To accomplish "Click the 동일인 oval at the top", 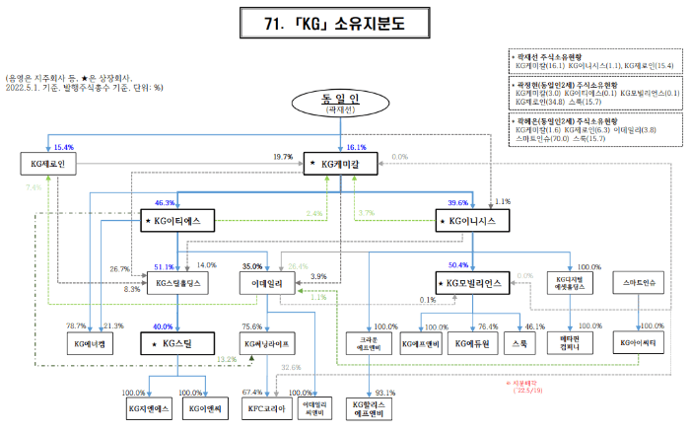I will click(341, 105).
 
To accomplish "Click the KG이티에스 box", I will click(176, 222).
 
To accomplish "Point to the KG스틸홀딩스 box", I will click(177, 283).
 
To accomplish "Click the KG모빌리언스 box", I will click(471, 283).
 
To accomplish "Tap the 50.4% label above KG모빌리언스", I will click(459, 264).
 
